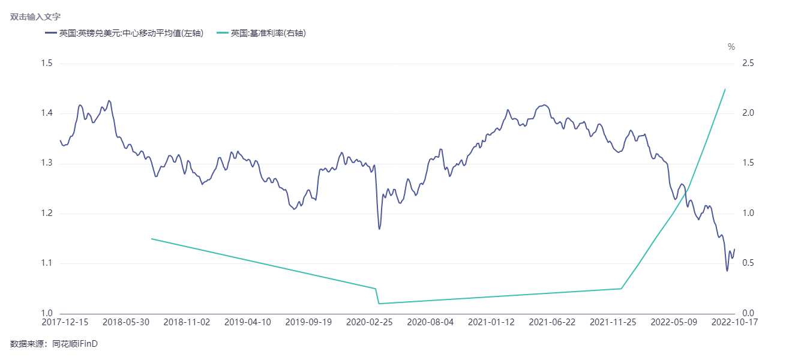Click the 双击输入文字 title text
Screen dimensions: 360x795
coord(35,17)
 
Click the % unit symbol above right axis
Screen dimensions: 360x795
coord(731,47)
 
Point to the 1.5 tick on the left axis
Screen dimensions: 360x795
coord(46,64)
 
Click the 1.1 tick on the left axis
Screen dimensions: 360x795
coord(46,263)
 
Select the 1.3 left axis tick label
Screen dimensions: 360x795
coord(46,163)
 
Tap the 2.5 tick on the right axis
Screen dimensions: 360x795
coord(748,64)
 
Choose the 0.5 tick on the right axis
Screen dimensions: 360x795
coord(748,263)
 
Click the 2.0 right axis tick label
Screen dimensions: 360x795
coord(748,113)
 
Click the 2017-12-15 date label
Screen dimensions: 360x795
coord(65,322)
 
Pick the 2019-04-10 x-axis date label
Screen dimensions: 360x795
coord(247,322)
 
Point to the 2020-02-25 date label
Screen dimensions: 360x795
coord(370,322)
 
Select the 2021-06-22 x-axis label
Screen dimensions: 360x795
coord(552,322)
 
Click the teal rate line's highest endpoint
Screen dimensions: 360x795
coord(725,89)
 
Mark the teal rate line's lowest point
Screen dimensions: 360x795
coord(379,304)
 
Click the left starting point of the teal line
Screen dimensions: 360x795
coord(151,239)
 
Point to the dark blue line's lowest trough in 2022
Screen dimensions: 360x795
coord(727,271)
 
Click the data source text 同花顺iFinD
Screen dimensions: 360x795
coord(75,344)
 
